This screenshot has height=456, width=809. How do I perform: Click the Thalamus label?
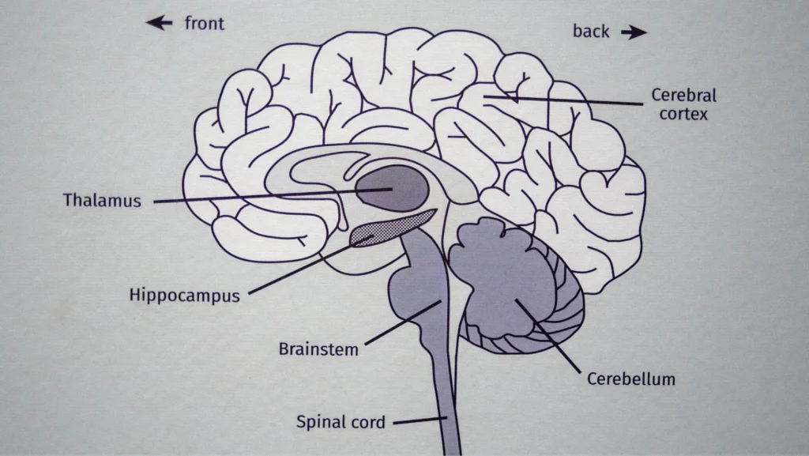point(102,201)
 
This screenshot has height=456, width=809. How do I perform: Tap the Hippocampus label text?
point(184,296)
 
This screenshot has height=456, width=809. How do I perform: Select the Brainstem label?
point(318,349)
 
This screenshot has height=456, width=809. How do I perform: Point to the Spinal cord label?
point(341,422)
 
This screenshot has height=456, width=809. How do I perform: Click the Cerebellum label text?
point(631,379)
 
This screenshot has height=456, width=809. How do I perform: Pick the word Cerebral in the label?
point(683,96)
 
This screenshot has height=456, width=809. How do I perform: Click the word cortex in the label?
point(683,115)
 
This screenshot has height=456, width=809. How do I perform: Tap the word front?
point(205,24)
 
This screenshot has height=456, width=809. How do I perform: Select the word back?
point(591,32)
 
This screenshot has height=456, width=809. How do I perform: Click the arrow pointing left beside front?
point(159,24)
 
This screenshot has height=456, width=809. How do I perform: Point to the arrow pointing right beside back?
point(634,32)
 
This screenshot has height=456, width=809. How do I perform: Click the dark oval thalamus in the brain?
point(393,187)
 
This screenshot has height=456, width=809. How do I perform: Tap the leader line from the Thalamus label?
point(261,197)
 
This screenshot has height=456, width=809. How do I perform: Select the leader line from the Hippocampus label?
point(300,271)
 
